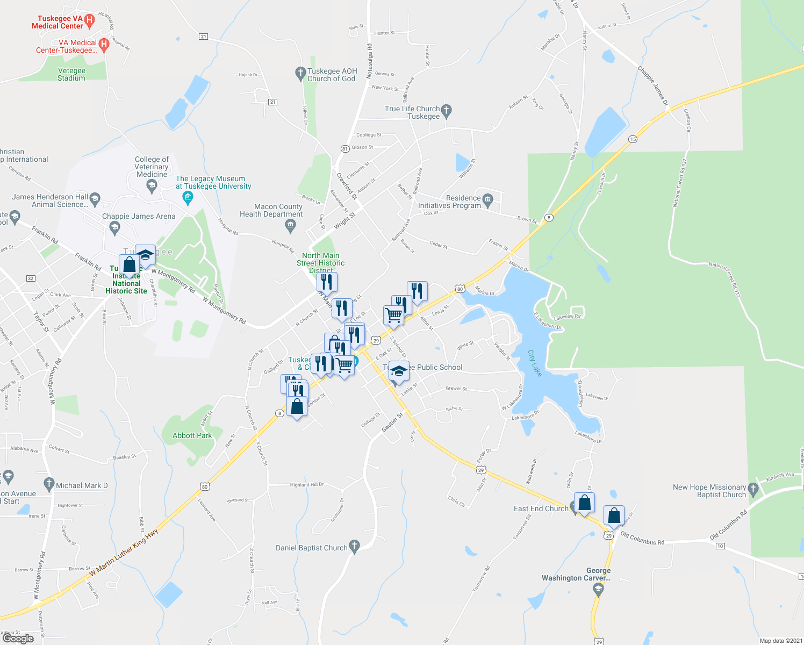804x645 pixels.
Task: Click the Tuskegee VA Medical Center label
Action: (58, 22)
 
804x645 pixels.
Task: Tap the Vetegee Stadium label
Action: (71, 74)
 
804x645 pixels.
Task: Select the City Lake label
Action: (535, 363)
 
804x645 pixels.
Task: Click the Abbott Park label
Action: (192, 435)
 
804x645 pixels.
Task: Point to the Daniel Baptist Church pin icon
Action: (354, 547)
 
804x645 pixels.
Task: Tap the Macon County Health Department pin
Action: (291, 225)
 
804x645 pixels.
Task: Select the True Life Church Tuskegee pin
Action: (447, 111)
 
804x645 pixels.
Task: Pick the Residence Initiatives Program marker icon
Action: (487, 200)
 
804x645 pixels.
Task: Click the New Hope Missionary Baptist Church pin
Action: (753, 489)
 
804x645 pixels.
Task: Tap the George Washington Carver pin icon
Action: (598, 590)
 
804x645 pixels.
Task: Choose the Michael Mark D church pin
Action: (49, 484)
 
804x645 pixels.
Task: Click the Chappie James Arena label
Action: (139, 216)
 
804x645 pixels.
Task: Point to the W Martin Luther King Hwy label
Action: (124, 553)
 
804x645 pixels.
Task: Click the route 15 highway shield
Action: (633, 139)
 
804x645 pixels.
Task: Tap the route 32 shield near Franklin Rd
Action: (31, 278)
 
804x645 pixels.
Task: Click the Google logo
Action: (18, 638)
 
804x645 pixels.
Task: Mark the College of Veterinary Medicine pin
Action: (152, 186)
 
